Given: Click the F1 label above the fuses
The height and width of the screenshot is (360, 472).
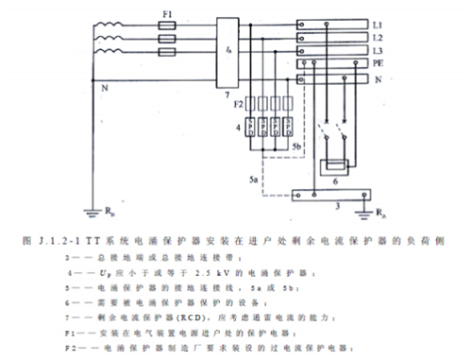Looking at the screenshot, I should (x=169, y=15).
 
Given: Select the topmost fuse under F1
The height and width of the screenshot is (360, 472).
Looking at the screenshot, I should (x=169, y=29).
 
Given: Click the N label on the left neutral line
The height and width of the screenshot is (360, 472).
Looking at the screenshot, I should (x=103, y=90).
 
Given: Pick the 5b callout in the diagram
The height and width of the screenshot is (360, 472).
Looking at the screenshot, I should (x=295, y=147).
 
